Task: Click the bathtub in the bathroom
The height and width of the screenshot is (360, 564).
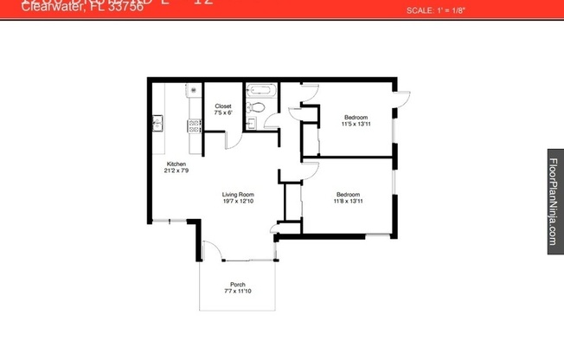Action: tap(260, 89)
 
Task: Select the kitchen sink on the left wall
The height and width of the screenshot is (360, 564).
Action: tap(157, 122)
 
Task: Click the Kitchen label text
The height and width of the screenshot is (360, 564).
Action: tap(176, 164)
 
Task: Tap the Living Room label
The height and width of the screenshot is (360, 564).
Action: tap(237, 195)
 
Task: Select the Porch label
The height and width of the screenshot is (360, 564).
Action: tap(237, 285)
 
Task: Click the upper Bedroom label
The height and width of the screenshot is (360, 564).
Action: tap(356, 117)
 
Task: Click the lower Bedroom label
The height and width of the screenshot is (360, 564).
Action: tap(349, 195)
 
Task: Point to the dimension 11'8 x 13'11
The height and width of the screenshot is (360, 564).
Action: tap(349, 201)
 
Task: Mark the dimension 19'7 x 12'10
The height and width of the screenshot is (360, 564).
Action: tap(237, 201)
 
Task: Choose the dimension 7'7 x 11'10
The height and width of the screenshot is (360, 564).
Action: tap(237, 292)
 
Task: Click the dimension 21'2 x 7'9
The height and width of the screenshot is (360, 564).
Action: tap(176, 170)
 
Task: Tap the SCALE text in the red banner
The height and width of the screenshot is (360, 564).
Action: tap(429, 11)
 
